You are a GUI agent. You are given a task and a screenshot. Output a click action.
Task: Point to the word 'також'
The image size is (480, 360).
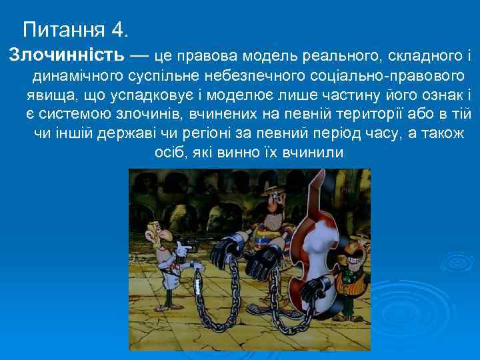[x=442, y=134]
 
